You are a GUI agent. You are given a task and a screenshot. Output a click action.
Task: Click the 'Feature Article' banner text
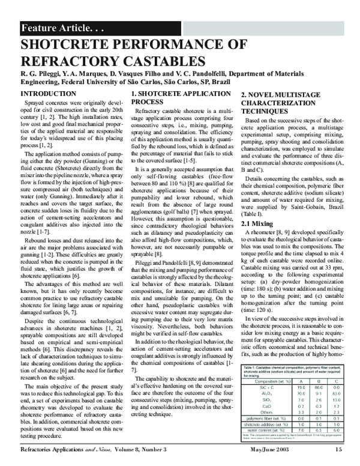54,28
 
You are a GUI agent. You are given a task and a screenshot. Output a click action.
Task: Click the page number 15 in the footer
338,448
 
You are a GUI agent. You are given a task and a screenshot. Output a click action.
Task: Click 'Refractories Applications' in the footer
56,448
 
